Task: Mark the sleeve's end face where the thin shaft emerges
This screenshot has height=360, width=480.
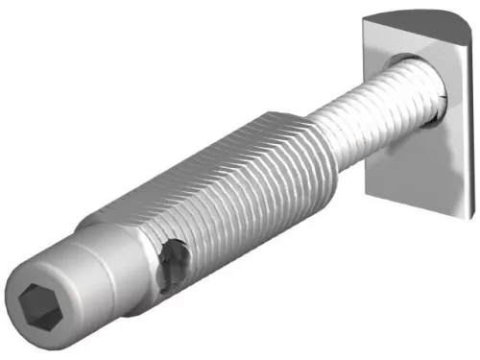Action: tap(309, 144)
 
